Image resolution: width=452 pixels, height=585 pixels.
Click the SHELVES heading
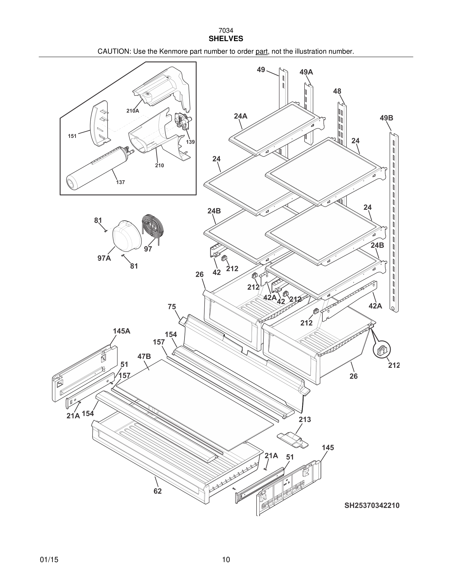click(226, 39)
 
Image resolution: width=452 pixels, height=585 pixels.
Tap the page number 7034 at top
click(226, 31)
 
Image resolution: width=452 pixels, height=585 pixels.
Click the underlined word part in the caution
click(262, 51)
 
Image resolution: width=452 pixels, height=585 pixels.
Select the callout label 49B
click(386, 118)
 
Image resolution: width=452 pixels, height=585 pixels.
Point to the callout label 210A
click(133, 111)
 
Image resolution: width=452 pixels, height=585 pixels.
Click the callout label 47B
click(144, 357)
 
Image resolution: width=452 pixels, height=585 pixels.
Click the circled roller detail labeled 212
click(382, 350)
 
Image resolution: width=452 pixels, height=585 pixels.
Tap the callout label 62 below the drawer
click(158, 491)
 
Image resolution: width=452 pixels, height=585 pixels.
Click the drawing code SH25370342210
click(372, 505)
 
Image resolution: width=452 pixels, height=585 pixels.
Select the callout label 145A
click(122, 331)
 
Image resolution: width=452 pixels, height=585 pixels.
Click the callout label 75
click(172, 307)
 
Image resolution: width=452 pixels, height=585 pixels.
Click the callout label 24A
click(241, 116)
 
